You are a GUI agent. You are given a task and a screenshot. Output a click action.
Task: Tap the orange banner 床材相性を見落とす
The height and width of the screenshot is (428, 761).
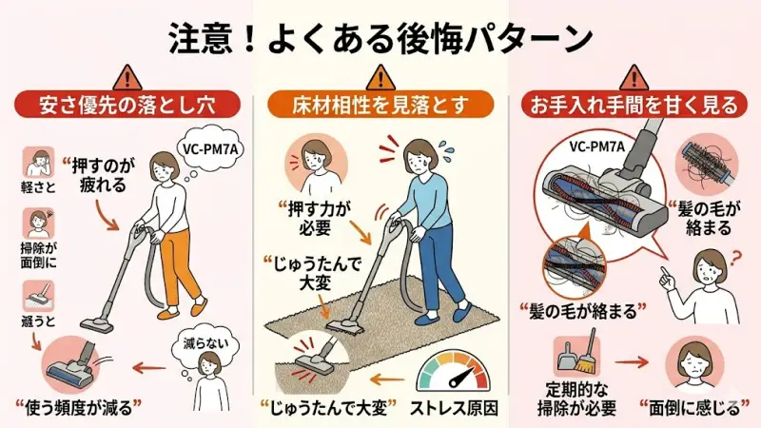tap(380, 104)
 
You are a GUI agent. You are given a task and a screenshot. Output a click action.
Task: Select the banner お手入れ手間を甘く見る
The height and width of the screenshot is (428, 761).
tap(635, 104)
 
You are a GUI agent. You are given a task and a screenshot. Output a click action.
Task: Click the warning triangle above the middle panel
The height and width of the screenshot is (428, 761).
tap(380, 74)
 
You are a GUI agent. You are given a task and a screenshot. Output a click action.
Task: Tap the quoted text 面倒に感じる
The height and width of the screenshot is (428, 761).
tap(699, 410)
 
